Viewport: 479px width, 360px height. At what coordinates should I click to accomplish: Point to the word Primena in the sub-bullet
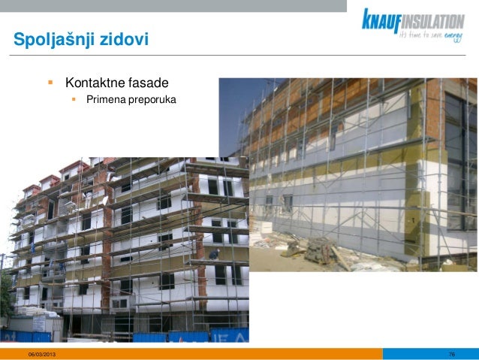point(105,99)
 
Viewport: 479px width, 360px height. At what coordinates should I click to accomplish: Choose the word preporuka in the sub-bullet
point(152,99)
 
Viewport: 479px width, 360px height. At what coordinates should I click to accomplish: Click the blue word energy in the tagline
point(453,35)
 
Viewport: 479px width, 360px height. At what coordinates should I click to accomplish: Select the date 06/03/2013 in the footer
point(41,353)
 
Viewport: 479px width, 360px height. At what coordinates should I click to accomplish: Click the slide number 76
point(451,353)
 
